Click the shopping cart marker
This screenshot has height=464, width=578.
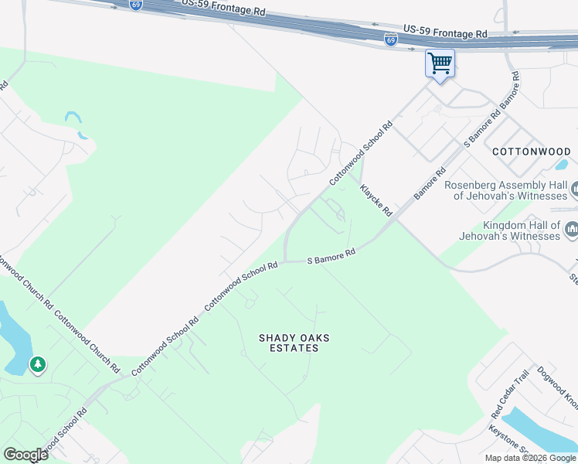(x=440, y=63)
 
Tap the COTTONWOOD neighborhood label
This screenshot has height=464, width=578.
(x=531, y=152)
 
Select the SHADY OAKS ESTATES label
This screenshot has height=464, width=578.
(x=288, y=343)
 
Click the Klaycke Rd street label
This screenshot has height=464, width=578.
(x=376, y=200)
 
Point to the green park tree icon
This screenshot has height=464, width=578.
(x=37, y=363)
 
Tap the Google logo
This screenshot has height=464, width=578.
(x=25, y=454)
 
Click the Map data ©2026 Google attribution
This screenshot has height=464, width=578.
(x=531, y=458)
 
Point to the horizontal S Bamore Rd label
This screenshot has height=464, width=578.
(x=331, y=257)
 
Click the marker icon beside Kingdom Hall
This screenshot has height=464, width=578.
(x=572, y=230)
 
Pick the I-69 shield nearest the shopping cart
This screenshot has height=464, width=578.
(x=391, y=39)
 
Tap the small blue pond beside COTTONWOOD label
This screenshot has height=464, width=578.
(x=561, y=164)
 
